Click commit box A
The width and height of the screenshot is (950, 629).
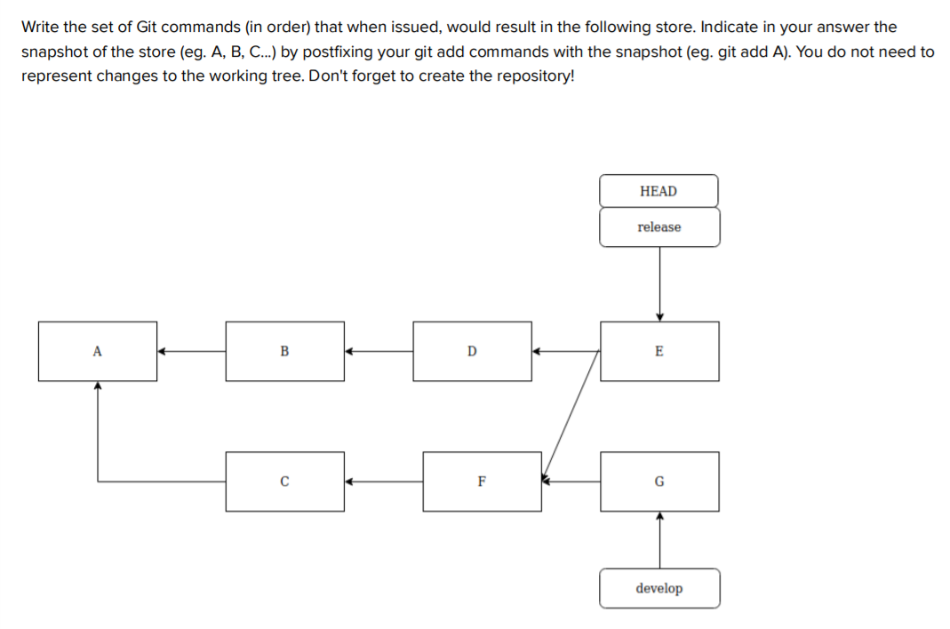point(98,351)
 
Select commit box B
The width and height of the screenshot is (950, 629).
point(284,351)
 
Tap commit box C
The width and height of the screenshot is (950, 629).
point(284,482)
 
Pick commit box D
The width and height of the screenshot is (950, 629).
point(472,351)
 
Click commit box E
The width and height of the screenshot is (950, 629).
point(659,351)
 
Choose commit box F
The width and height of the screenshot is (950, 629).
point(482,482)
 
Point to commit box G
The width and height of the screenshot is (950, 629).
point(659,482)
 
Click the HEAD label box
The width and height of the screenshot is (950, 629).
point(659,191)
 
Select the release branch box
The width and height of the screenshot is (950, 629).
point(659,227)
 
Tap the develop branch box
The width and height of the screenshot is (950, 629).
point(659,588)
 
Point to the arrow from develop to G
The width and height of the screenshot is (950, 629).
point(659,540)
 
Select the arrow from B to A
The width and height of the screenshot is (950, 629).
point(192,351)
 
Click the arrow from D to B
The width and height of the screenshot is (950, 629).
point(379,351)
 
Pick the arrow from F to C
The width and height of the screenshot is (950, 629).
point(384,482)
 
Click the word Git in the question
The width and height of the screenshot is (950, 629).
point(147,28)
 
